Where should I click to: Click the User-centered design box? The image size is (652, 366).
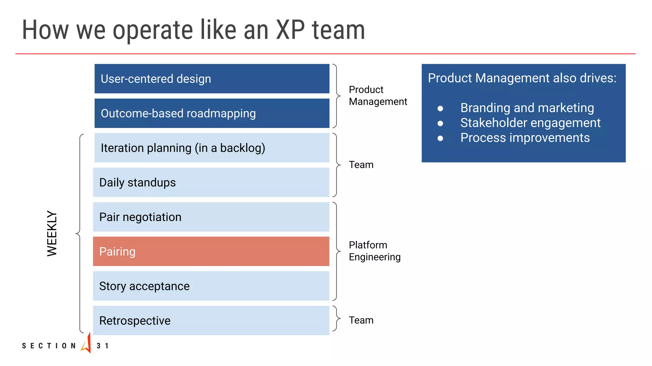click(x=212, y=79)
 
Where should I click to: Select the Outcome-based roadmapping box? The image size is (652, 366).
click(x=212, y=113)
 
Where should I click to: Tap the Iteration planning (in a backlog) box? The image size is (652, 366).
click(x=212, y=148)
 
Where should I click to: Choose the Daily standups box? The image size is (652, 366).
click(x=211, y=183)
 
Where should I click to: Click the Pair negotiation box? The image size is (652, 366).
click(x=211, y=217)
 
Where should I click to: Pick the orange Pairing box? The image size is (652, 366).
click(x=211, y=252)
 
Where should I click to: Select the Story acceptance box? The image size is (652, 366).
click(x=211, y=286)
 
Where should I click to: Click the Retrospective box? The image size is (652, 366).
click(x=211, y=321)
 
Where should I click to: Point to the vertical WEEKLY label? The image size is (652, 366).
click(x=52, y=233)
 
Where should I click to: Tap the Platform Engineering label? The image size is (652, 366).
click(x=374, y=251)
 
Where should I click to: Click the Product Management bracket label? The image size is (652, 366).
click(x=378, y=96)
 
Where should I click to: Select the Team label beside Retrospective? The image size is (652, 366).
click(x=361, y=320)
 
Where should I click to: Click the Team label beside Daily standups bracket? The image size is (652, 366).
click(x=361, y=165)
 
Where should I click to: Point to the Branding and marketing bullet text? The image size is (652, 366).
click(x=527, y=108)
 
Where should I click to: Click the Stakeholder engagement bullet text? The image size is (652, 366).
click(x=530, y=123)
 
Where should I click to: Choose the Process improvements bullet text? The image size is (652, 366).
click(x=525, y=138)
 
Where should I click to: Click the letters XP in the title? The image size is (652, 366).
click(x=290, y=30)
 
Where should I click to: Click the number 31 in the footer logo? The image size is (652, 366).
click(x=103, y=346)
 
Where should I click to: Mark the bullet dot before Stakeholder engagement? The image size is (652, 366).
click(x=440, y=123)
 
